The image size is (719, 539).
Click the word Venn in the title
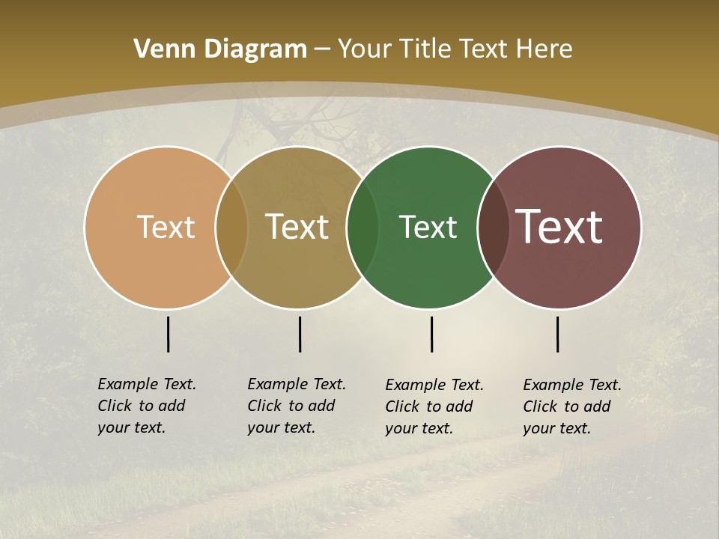(159, 49)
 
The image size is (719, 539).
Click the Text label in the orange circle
(166, 227)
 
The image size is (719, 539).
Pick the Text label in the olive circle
(297, 227)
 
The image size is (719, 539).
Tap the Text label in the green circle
(428, 227)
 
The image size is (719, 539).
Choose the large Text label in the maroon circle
(559, 226)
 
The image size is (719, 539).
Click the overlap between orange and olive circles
(231, 227)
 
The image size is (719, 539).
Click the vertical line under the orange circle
(169, 334)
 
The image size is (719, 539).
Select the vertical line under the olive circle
(300, 334)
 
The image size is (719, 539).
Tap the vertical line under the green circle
(432, 334)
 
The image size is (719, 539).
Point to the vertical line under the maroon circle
(558, 334)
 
